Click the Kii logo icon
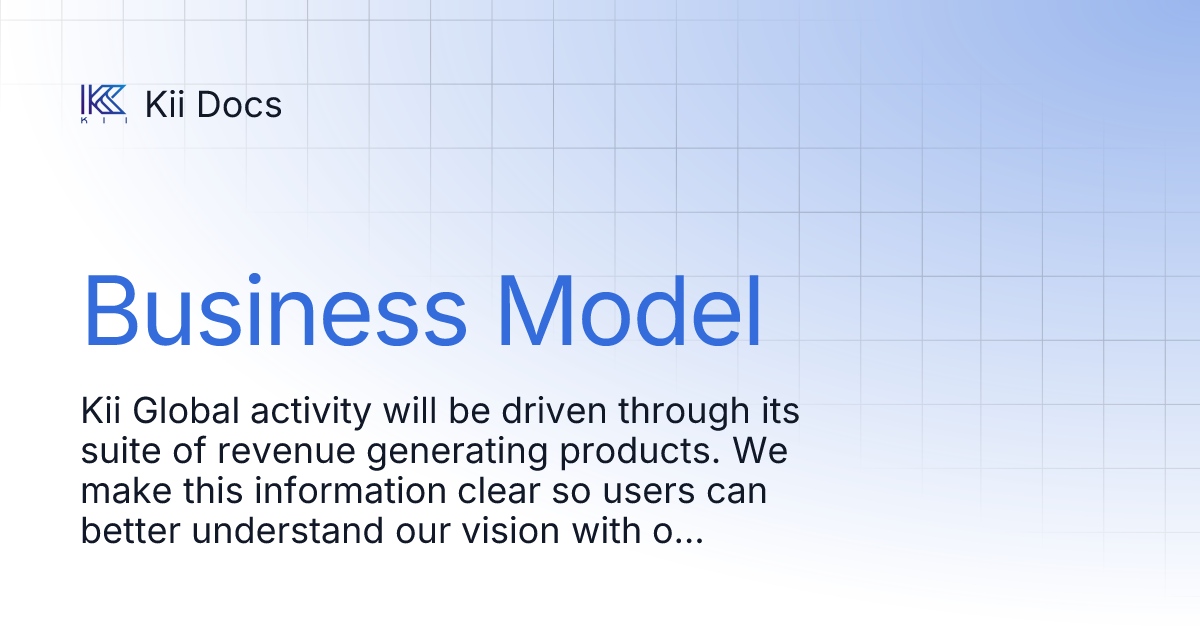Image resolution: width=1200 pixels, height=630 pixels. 103,103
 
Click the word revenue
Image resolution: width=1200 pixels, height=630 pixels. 279,452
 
